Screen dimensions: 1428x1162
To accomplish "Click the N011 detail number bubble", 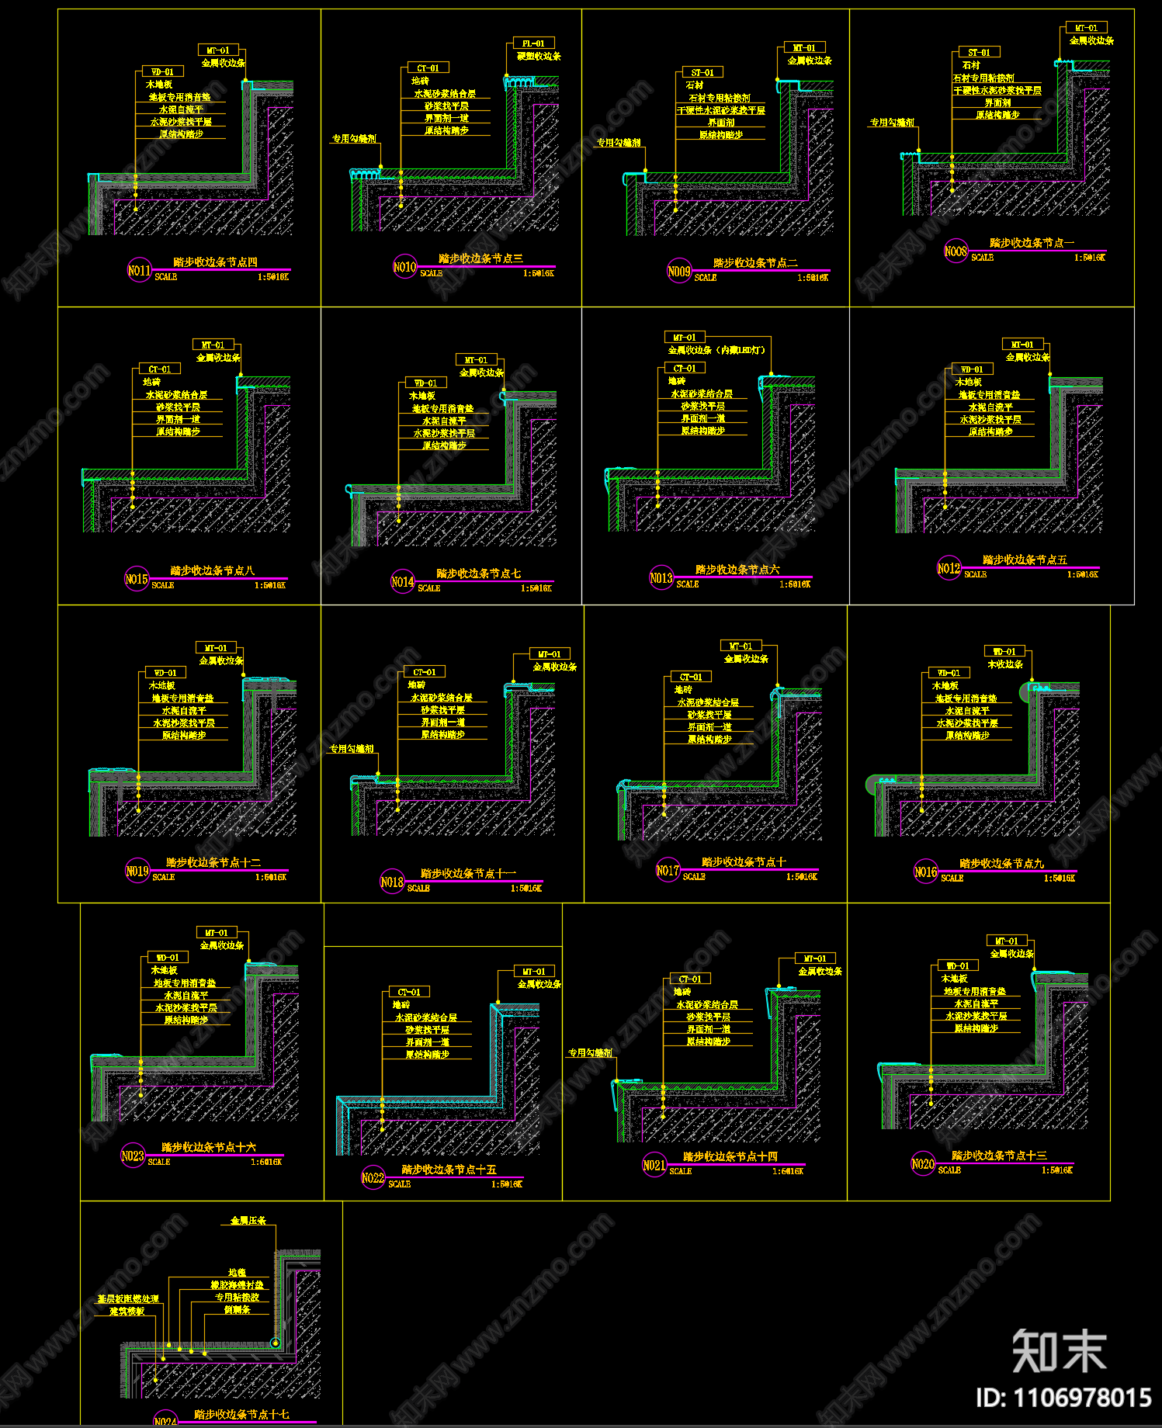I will (139, 271).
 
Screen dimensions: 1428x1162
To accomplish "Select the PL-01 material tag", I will (533, 43).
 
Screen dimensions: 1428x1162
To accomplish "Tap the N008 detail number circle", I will (956, 251).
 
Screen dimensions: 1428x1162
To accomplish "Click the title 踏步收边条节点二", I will (755, 263).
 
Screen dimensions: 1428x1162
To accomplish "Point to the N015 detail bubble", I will (137, 579).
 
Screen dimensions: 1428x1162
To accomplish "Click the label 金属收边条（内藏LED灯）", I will (717, 350).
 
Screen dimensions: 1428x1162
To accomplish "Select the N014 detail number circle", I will (402, 581).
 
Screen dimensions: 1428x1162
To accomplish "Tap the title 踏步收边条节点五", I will (1025, 560).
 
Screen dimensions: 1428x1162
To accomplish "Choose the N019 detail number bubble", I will (137, 872).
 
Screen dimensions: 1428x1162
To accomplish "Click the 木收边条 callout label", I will (1005, 664).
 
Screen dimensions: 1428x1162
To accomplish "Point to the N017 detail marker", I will (668, 871).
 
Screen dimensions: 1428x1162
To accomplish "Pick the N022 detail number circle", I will (373, 1178).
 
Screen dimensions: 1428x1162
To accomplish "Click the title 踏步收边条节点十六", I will (208, 1147).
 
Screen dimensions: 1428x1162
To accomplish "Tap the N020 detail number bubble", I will (923, 1164).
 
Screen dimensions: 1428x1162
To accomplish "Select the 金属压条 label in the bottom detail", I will (248, 1221).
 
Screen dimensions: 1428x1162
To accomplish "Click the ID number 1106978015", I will (1063, 1399).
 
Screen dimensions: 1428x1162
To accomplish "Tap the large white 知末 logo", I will (1059, 1351).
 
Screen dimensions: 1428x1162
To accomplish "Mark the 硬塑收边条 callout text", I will (539, 57).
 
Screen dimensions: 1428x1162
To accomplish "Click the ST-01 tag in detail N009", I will (702, 72).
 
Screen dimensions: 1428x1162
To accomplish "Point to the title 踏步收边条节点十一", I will (468, 874).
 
